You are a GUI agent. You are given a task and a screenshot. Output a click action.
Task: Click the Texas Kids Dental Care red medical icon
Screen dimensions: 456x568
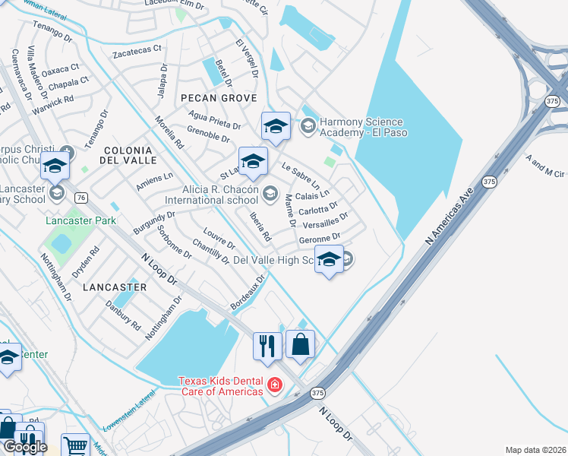275,386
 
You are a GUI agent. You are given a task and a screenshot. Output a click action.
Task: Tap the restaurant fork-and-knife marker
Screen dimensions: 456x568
266,345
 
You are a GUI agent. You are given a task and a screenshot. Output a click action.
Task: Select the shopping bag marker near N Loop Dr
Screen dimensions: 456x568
301,344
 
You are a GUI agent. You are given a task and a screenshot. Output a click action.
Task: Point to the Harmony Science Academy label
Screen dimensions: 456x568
363,127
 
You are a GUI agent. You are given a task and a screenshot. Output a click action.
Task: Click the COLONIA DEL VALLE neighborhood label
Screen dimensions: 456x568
130,156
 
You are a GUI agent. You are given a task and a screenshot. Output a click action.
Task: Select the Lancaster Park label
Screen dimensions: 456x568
80,220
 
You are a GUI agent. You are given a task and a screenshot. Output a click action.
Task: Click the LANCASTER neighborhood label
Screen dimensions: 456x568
115,287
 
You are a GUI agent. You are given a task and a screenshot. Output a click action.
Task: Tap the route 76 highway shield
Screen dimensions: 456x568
81,198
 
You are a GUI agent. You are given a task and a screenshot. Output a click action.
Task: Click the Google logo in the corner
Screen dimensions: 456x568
24,447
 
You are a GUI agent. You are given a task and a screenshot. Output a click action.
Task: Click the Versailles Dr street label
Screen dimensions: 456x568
324,221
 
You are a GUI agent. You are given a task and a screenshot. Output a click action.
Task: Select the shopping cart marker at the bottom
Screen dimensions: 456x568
74,445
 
